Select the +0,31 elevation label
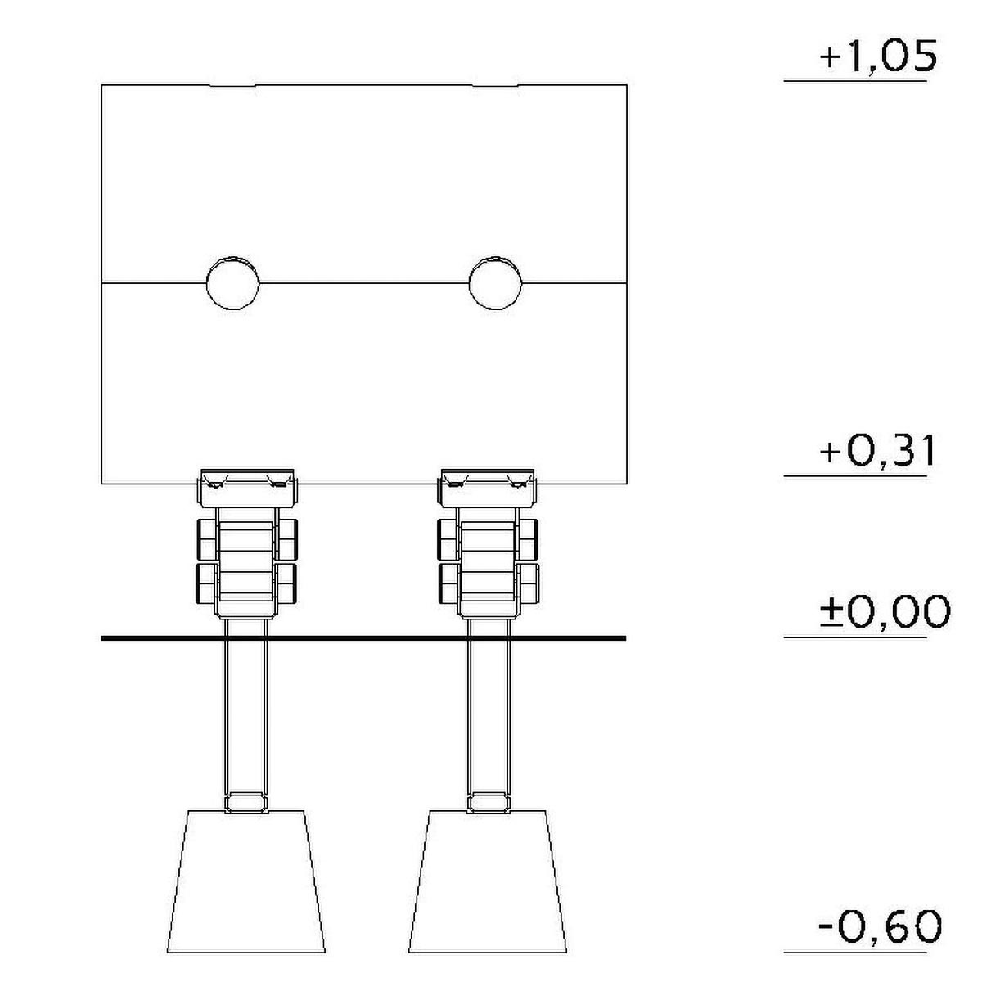tap(876, 451)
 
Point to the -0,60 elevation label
tap(880, 926)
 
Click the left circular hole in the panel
tap(233, 283)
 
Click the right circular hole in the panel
tap(495, 283)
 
